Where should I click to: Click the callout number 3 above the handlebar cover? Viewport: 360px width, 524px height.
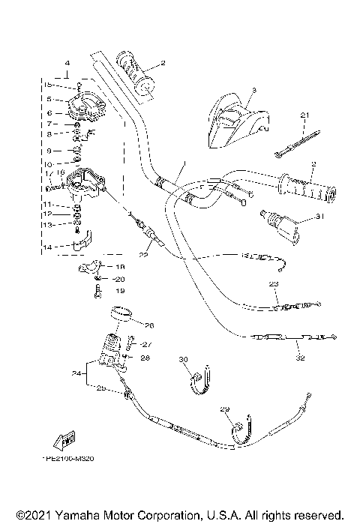253,90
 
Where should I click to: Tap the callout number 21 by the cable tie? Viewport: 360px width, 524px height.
304,115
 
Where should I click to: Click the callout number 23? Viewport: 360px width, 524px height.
273,284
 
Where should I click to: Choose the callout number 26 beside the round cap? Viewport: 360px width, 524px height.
148,325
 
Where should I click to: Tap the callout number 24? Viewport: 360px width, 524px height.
76,373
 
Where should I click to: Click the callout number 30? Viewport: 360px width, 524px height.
182,361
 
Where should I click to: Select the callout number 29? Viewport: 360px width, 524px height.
223,409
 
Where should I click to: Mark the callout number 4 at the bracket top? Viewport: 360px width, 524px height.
67,62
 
